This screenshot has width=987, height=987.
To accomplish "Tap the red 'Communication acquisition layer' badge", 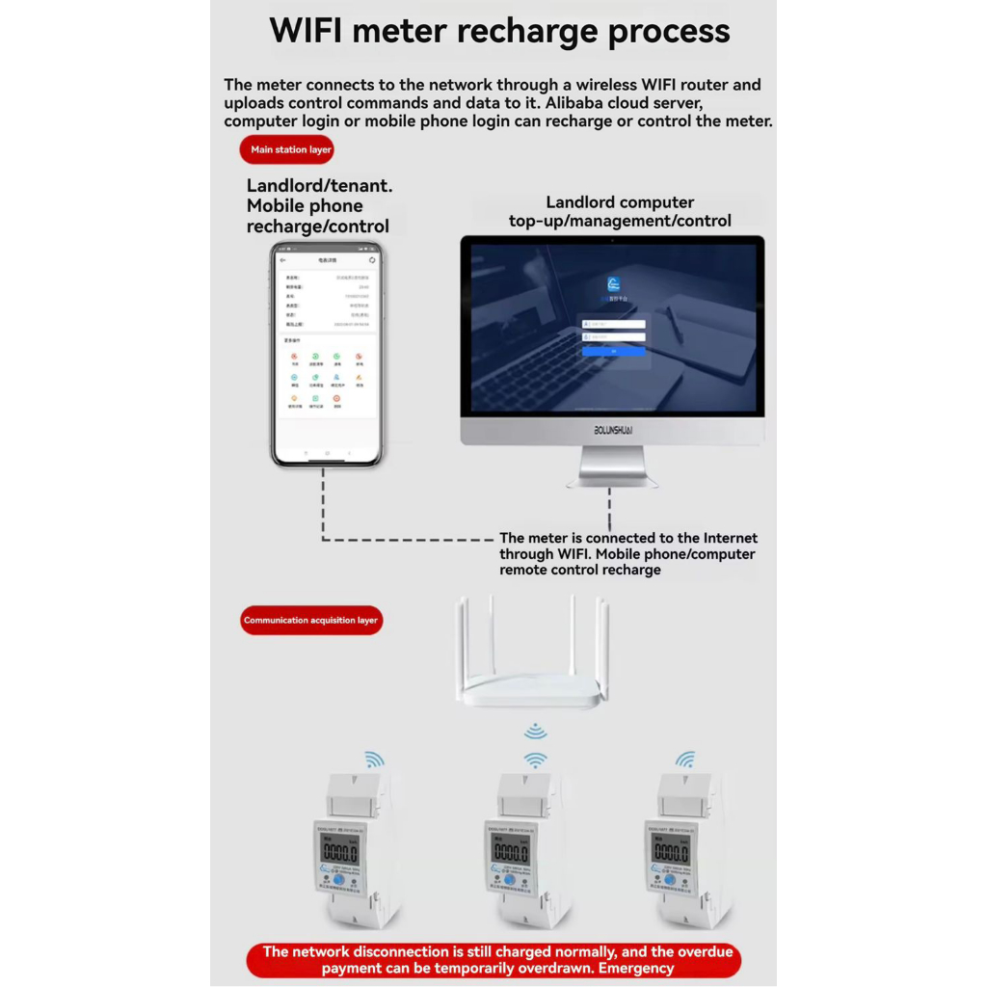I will click(x=310, y=620).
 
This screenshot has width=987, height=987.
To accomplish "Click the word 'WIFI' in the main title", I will click(x=307, y=31).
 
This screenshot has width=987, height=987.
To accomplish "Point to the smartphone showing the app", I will click(x=327, y=354).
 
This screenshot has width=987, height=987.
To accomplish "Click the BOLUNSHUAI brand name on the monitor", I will click(x=612, y=430).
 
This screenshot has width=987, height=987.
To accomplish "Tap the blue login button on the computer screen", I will click(x=613, y=351).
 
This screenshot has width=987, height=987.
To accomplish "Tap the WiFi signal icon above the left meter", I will click(x=374, y=760).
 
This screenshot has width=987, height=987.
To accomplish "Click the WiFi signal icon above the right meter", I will click(x=685, y=760).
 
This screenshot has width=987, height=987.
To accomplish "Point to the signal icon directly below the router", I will click(x=536, y=731).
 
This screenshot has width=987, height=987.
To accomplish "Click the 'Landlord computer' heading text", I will click(x=620, y=202).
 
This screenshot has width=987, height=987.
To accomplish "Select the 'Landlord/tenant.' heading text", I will click(x=319, y=185).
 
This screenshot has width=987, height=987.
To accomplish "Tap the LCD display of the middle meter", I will click(x=510, y=850).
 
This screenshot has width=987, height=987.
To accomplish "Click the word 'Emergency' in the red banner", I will click(x=636, y=968).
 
